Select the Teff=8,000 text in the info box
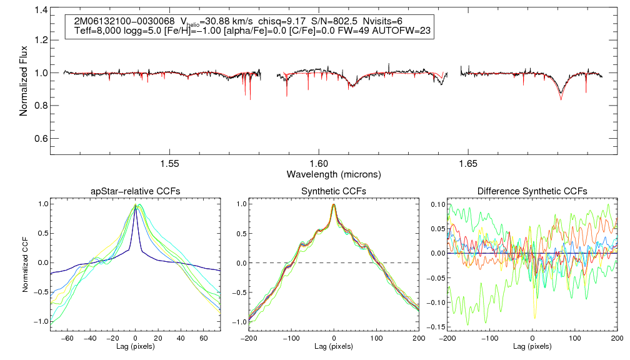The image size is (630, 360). [96, 30]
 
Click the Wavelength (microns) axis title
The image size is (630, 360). [334, 174]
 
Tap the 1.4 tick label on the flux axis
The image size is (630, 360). [41, 11]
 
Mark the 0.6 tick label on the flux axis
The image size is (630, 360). [41, 138]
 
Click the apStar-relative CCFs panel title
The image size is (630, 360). [135, 191]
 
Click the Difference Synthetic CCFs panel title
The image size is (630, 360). [532, 191]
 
